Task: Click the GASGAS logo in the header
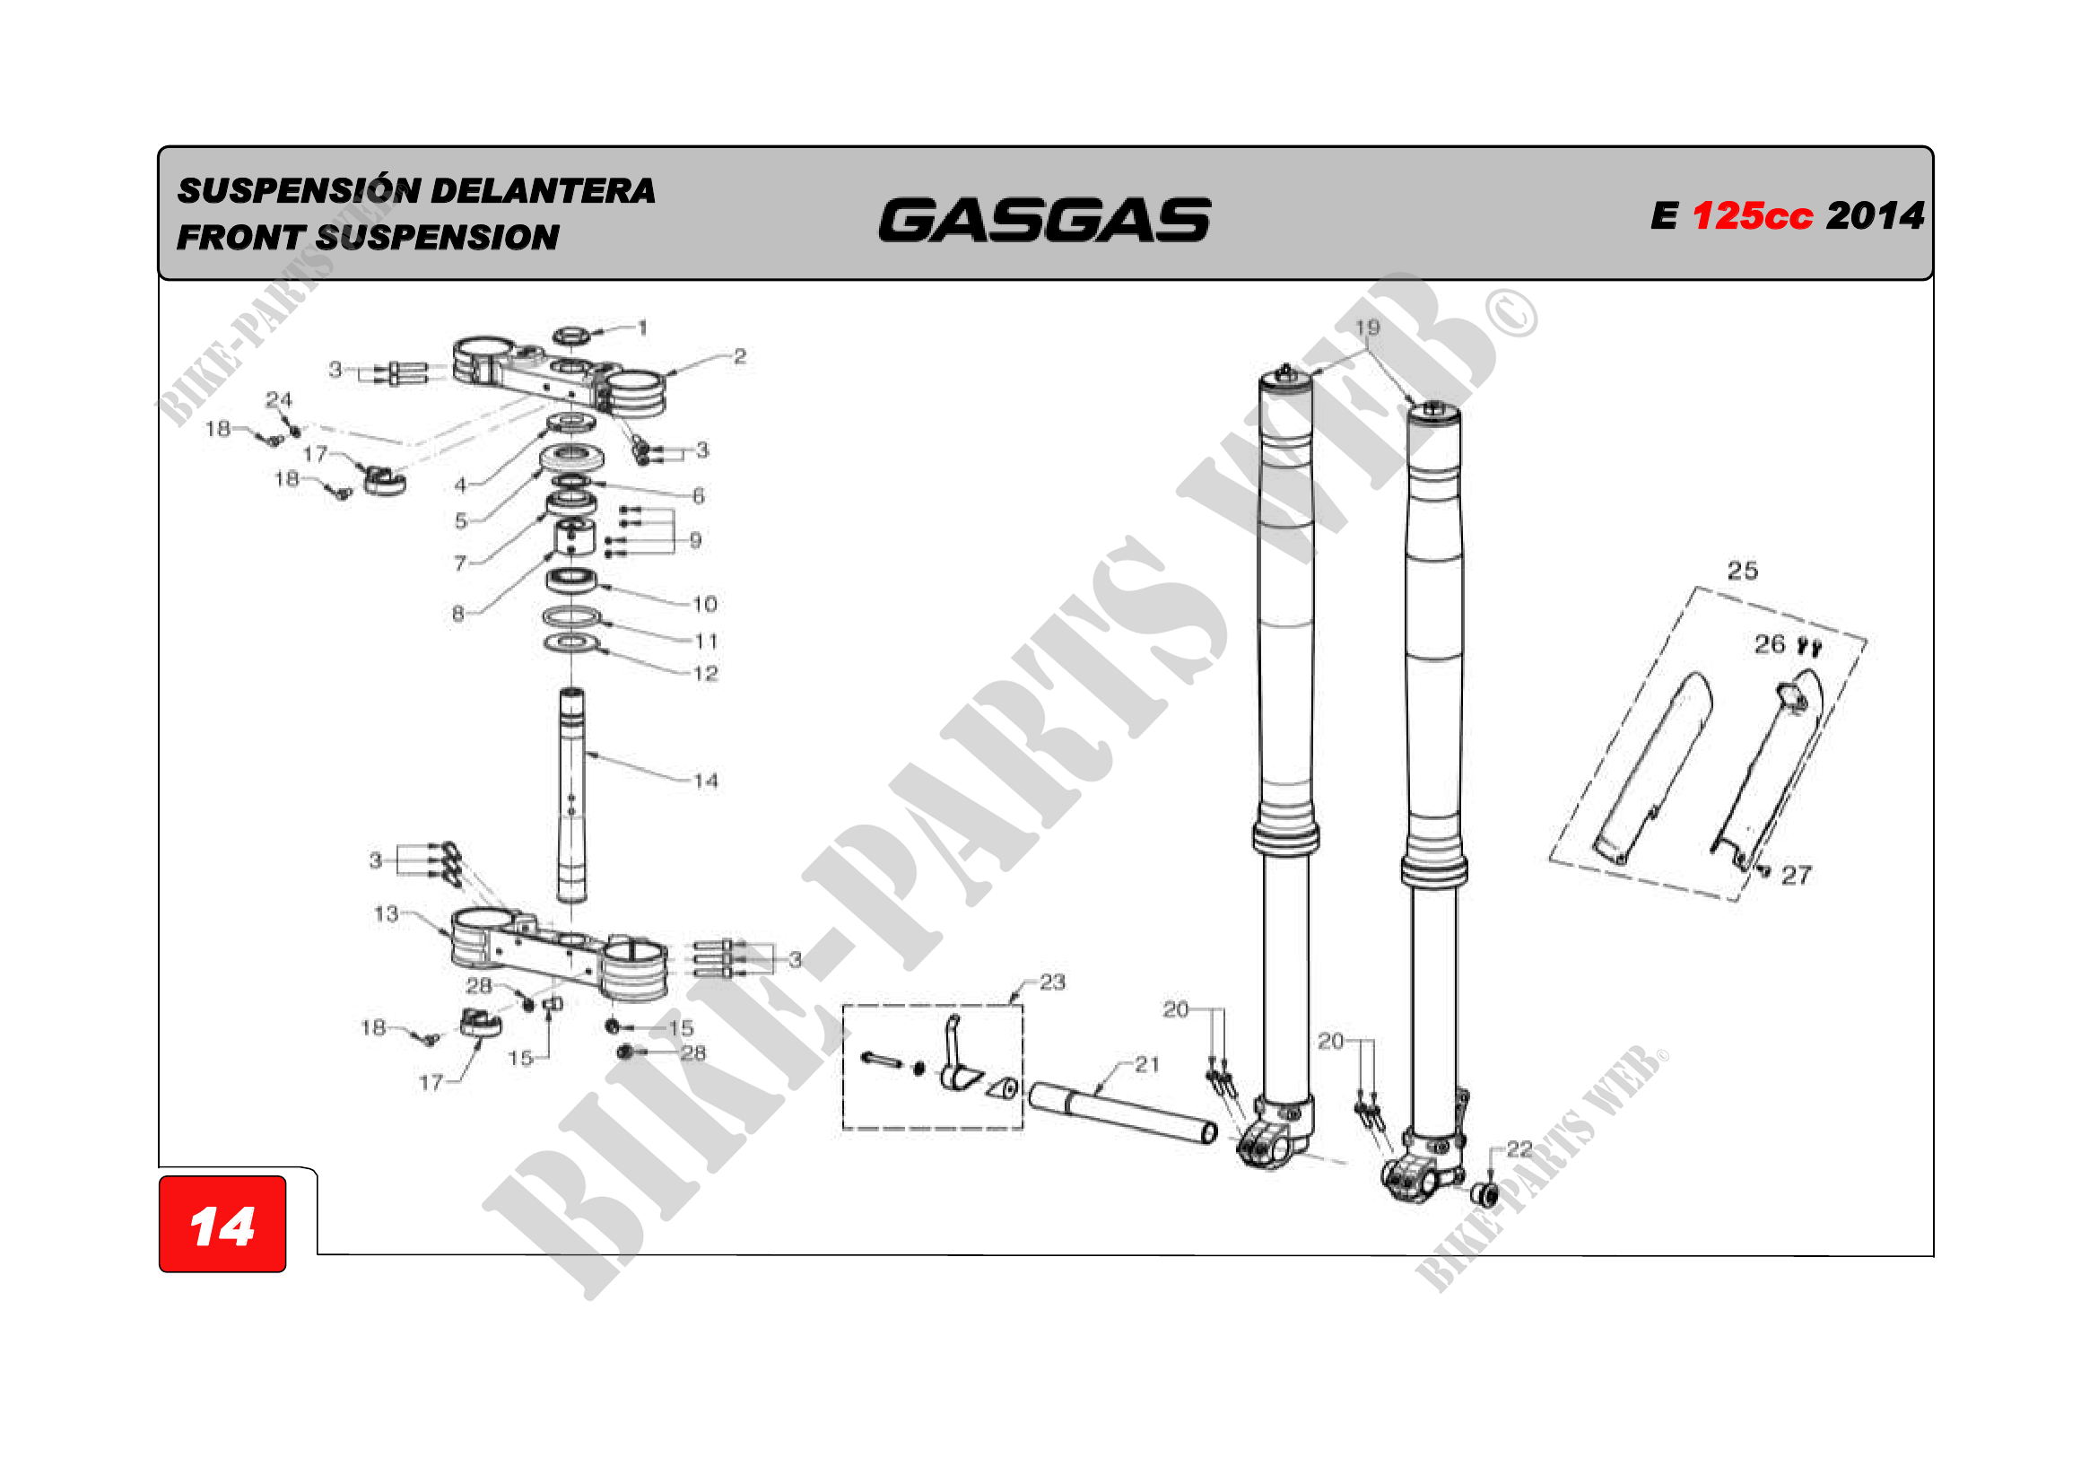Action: [x=1044, y=220]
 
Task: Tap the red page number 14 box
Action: [x=222, y=1224]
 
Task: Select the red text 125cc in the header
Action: [x=1752, y=216]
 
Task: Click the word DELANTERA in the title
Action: [x=543, y=191]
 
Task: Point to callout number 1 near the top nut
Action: [x=642, y=327]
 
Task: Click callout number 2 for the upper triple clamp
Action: [x=740, y=356]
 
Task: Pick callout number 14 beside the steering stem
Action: [x=705, y=781]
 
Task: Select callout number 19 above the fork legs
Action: [x=1367, y=327]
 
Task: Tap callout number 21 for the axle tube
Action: [x=1147, y=1064]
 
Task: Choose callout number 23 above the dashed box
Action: [x=1053, y=982]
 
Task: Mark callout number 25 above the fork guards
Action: [x=1743, y=572]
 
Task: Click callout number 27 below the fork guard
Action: [x=1797, y=876]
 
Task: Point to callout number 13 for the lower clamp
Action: [x=387, y=913]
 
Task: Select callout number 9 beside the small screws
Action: [x=695, y=540]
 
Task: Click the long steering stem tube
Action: [x=572, y=794]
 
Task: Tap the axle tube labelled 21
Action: [x=1123, y=1112]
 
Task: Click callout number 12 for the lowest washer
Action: [x=705, y=674]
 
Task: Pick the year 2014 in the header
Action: [x=1875, y=216]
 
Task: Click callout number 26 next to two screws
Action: [x=1770, y=644]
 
